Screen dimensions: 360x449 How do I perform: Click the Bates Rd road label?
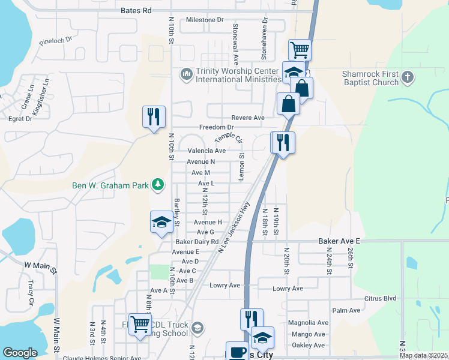[136, 11]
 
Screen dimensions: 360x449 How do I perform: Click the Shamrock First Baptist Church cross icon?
[408, 77]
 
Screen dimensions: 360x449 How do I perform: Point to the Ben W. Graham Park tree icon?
[157, 185]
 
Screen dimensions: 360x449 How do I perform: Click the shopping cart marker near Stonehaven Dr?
[299, 49]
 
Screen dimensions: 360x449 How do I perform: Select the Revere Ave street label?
[250, 118]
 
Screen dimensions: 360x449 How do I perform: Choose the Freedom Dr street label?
[216, 127]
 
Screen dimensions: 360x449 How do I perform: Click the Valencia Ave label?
[206, 151]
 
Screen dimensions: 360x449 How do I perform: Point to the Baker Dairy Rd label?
[197, 242]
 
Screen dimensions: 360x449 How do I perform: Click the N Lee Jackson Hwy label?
[234, 226]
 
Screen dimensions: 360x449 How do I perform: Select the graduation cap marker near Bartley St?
[161, 222]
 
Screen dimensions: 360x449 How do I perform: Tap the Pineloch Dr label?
[55, 42]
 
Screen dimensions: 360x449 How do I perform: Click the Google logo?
[20, 353]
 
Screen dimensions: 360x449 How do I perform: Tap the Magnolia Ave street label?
[308, 323]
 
